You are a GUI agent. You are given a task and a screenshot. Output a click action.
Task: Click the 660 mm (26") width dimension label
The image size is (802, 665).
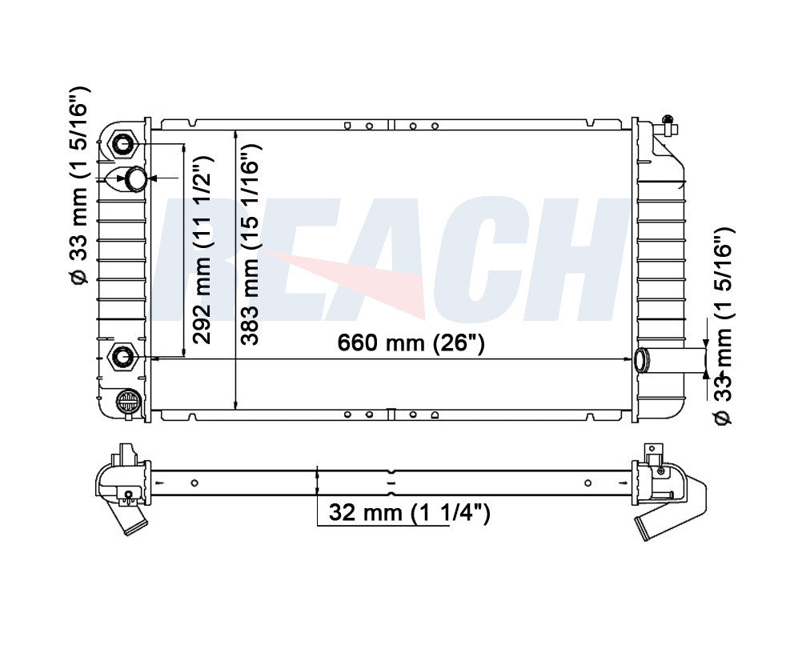point(411,343)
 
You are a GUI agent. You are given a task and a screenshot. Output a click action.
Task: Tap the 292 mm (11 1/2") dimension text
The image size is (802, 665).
point(202,250)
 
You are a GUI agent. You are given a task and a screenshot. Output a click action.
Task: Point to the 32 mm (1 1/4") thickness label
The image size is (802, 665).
point(409,512)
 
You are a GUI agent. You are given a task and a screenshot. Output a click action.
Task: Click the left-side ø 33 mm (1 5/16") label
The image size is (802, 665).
point(79,185)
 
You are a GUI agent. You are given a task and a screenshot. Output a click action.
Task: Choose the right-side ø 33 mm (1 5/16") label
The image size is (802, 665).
point(723,326)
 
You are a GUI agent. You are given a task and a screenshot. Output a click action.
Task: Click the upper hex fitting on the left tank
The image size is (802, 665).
point(123,145)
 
